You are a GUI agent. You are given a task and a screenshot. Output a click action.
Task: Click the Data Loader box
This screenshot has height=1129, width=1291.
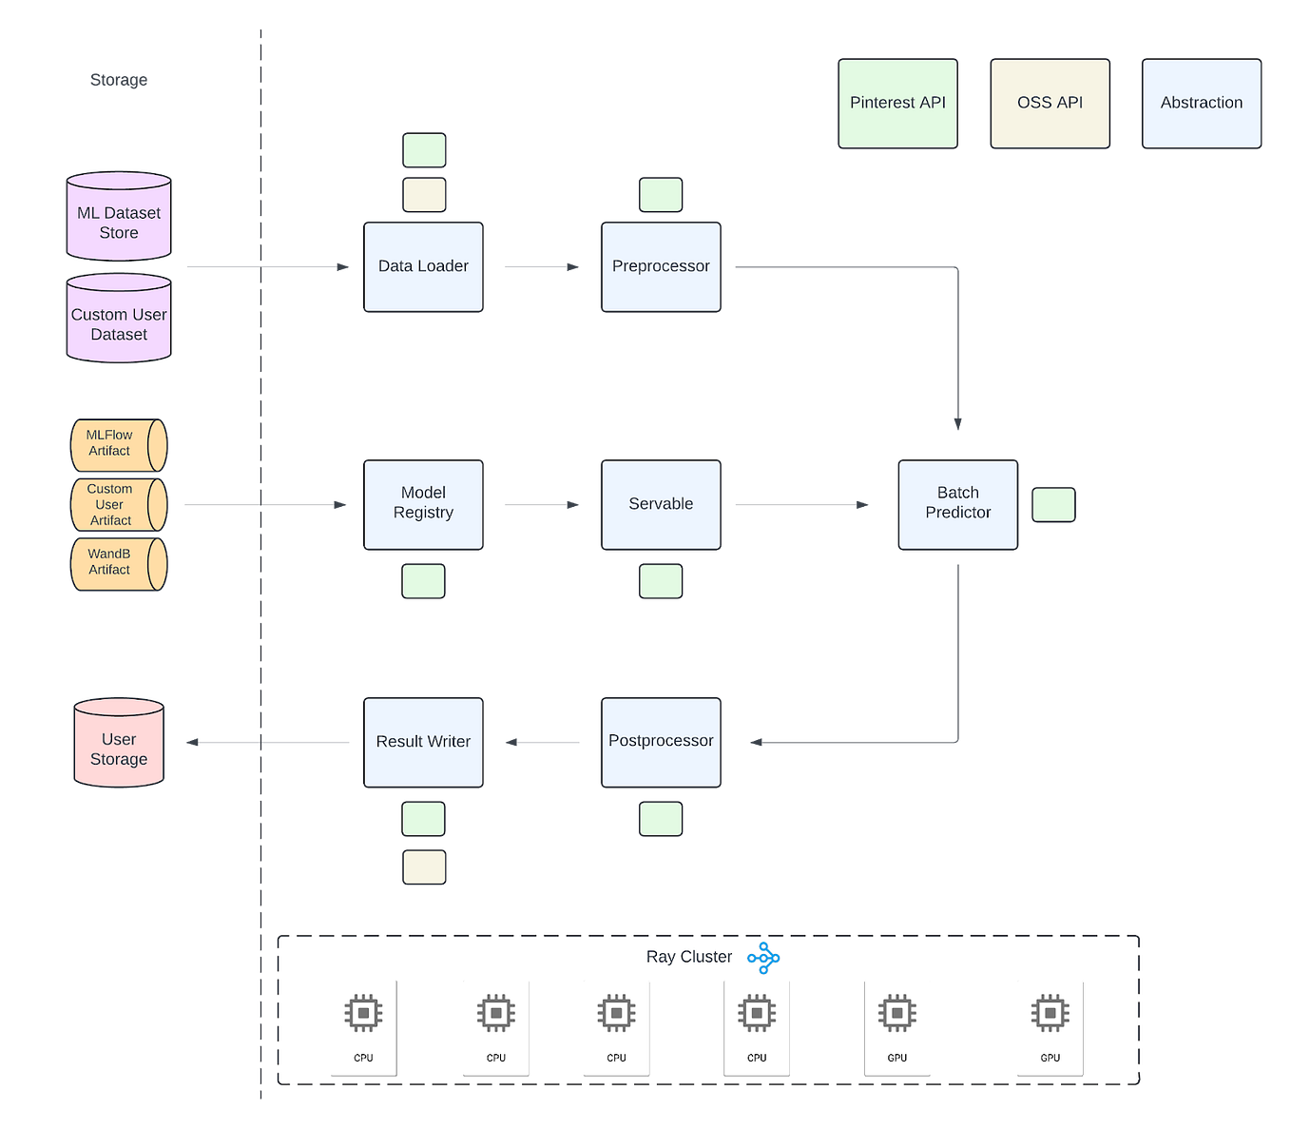point(423,266)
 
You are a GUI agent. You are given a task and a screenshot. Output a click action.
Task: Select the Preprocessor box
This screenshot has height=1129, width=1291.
point(661,266)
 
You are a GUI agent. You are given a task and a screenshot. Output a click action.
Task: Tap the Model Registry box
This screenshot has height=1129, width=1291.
point(423,503)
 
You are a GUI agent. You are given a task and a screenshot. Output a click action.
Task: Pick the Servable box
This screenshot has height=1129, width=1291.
point(661,504)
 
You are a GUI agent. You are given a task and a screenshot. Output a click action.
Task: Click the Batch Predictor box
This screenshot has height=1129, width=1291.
point(957,503)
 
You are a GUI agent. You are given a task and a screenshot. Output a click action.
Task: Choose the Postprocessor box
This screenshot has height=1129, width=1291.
point(661,741)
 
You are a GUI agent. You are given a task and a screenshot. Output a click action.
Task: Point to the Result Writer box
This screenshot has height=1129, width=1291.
point(423,742)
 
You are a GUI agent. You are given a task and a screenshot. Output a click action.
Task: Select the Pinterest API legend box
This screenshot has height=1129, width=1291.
point(897,103)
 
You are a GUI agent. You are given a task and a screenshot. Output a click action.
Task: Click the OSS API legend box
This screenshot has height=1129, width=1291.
point(1050,103)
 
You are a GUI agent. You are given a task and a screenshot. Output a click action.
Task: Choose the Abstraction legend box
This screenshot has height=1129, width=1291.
point(1201,103)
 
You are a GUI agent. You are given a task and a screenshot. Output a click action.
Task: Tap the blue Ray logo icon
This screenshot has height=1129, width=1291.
point(763,958)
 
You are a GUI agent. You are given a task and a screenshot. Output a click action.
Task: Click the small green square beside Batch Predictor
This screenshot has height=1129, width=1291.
point(1053,504)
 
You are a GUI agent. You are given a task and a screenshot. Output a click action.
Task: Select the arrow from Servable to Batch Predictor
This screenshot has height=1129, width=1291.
point(800,505)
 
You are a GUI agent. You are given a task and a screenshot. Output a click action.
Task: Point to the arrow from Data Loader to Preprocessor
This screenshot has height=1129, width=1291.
point(541,266)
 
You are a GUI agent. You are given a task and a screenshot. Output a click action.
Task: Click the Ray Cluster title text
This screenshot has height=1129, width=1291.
point(689,957)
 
